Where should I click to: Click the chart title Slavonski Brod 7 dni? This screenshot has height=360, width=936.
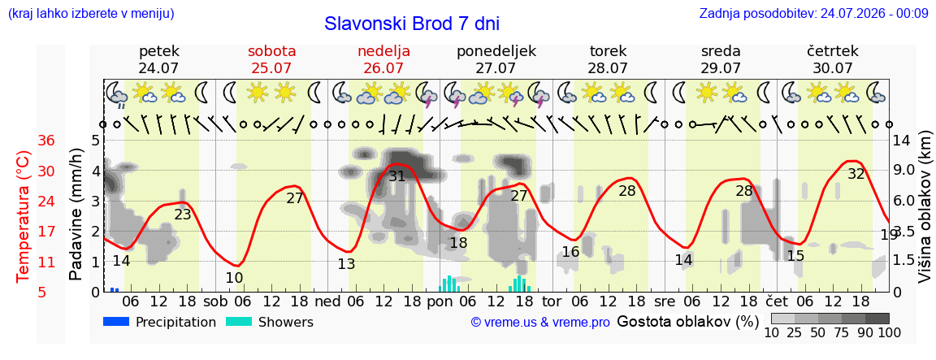point(412,24)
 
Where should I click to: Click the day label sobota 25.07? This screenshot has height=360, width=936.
point(271,59)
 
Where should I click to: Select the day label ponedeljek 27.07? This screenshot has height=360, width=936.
point(496,59)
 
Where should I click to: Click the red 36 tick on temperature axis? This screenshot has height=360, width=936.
point(46,141)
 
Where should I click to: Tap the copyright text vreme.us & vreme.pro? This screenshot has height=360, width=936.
point(540,323)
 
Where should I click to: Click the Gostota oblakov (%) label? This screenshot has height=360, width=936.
point(687,322)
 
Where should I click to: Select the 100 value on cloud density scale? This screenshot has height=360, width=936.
point(890,332)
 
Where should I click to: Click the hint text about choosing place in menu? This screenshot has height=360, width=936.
point(91,13)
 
